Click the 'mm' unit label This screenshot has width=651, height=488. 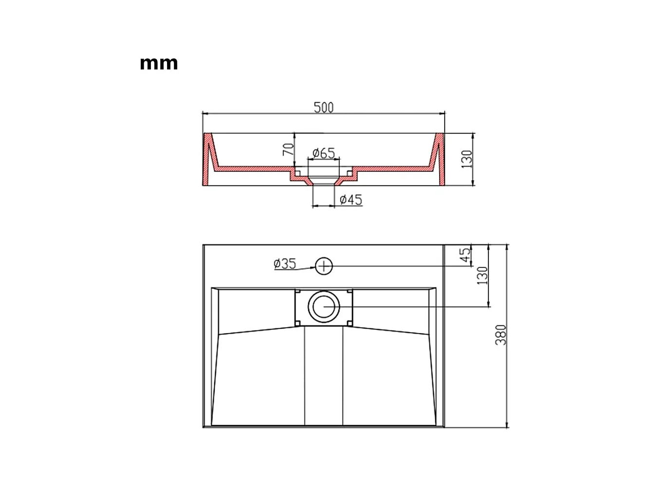159,64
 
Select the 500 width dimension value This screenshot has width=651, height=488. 324,107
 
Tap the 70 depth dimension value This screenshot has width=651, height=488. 288,149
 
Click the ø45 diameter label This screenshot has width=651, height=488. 351,199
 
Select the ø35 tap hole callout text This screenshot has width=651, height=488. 285,263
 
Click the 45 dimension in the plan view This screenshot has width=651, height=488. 465,255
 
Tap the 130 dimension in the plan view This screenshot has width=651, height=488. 483,276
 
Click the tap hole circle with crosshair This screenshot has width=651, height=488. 324,266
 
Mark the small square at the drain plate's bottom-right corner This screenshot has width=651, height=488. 349,322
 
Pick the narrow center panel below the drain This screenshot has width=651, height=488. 324,377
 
